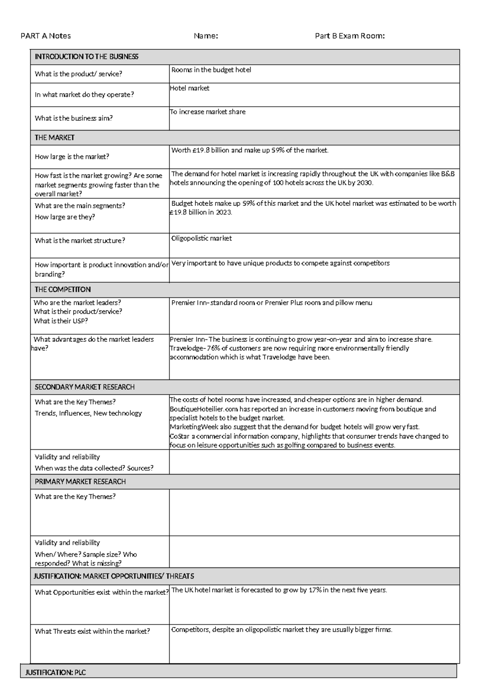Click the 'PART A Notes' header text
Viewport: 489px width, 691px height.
coord(46,36)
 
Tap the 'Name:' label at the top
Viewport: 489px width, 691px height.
coord(206,36)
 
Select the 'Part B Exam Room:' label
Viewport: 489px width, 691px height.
coord(350,36)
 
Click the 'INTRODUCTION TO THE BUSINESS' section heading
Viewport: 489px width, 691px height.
coord(86,57)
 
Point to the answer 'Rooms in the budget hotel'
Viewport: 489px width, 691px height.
coord(211,70)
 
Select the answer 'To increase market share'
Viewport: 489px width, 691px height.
coord(207,112)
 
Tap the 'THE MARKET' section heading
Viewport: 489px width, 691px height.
coord(55,138)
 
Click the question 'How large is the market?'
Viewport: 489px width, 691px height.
coord(72,156)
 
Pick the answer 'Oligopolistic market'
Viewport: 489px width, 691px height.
coord(201,238)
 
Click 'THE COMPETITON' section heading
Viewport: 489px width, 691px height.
coord(62,289)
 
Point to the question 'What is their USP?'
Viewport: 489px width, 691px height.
coord(61,321)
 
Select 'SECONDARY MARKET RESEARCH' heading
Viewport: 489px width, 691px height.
coord(84,387)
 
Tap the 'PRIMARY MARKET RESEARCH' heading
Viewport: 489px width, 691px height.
coord(80,482)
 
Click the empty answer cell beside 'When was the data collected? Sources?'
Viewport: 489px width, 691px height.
coord(314,462)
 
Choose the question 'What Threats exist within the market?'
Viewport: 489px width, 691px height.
coord(92,631)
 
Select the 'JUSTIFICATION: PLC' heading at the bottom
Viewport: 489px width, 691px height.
coord(55,672)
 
